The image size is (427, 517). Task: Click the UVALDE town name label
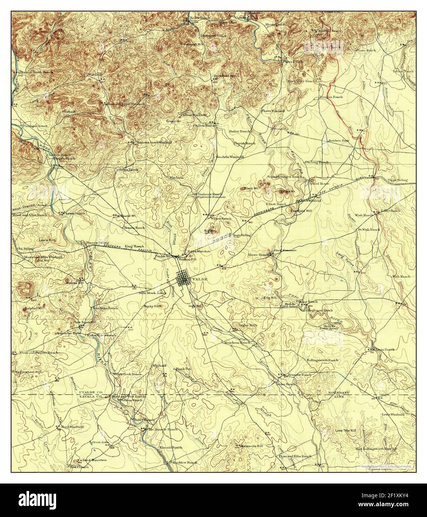tap(198, 278)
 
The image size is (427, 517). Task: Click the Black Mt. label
tap(251, 189)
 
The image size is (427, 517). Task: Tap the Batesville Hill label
tap(252, 446)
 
